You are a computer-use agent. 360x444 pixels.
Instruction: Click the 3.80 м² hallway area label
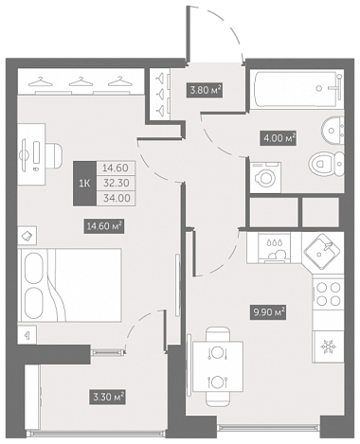(x=205, y=90)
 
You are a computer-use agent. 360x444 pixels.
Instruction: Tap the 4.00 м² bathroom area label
(x=279, y=138)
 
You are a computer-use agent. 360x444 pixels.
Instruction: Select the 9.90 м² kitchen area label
(x=268, y=312)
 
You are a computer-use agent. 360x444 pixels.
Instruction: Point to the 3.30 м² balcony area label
(x=107, y=397)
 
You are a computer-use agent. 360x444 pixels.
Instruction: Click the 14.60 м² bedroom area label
(x=103, y=226)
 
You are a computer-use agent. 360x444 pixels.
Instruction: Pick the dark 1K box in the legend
(x=84, y=184)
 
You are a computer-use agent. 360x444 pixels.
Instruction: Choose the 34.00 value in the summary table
(x=117, y=198)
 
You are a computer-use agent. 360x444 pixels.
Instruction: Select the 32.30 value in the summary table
(x=117, y=183)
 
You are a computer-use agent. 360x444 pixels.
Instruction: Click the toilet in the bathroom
(x=326, y=164)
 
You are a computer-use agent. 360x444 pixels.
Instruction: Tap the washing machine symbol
(x=265, y=177)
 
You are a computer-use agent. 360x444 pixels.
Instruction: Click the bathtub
(x=297, y=90)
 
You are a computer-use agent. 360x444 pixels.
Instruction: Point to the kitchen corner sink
(x=322, y=252)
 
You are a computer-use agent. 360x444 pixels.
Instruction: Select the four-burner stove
(x=329, y=293)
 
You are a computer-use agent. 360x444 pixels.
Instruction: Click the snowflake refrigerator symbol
(x=328, y=347)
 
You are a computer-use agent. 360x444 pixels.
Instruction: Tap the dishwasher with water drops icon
(x=274, y=248)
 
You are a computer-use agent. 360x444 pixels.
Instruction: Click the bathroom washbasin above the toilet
(x=333, y=130)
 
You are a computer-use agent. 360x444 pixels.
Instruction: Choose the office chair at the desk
(x=54, y=155)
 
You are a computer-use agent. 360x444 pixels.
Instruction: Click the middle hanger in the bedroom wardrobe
(x=81, y=81)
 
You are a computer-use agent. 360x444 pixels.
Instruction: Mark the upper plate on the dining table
(x=217, y=352)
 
